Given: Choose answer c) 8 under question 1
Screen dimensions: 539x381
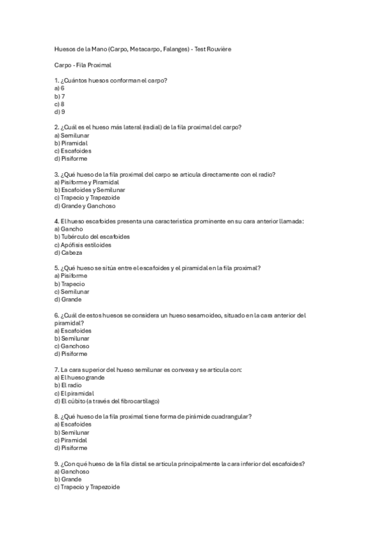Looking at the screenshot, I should [x=60, y=104].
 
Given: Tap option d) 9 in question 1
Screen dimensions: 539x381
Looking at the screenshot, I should [x=60, y=111].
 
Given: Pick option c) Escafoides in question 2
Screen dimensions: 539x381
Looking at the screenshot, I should [x=73, y=151].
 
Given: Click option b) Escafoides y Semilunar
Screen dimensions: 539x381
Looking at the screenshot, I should [x=90, y=190].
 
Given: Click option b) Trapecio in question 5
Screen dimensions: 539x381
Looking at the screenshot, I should [x=70, y=284].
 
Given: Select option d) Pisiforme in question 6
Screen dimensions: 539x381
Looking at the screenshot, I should [x=71, y=354].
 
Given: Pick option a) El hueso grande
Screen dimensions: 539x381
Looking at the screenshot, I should [x=80, y=378].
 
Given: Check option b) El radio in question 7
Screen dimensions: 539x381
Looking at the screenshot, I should [x=69, y=385].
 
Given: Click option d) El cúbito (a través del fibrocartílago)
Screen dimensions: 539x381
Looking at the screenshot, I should [x=107, y=401].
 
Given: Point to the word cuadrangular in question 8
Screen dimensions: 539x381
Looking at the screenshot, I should [x=230, y=416].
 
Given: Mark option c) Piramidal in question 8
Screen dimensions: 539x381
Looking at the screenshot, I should [x=71, y=440].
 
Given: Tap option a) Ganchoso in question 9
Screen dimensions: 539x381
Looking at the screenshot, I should [x=72, y=472].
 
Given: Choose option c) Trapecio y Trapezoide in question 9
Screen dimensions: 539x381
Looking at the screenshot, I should [x=87, y=487].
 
